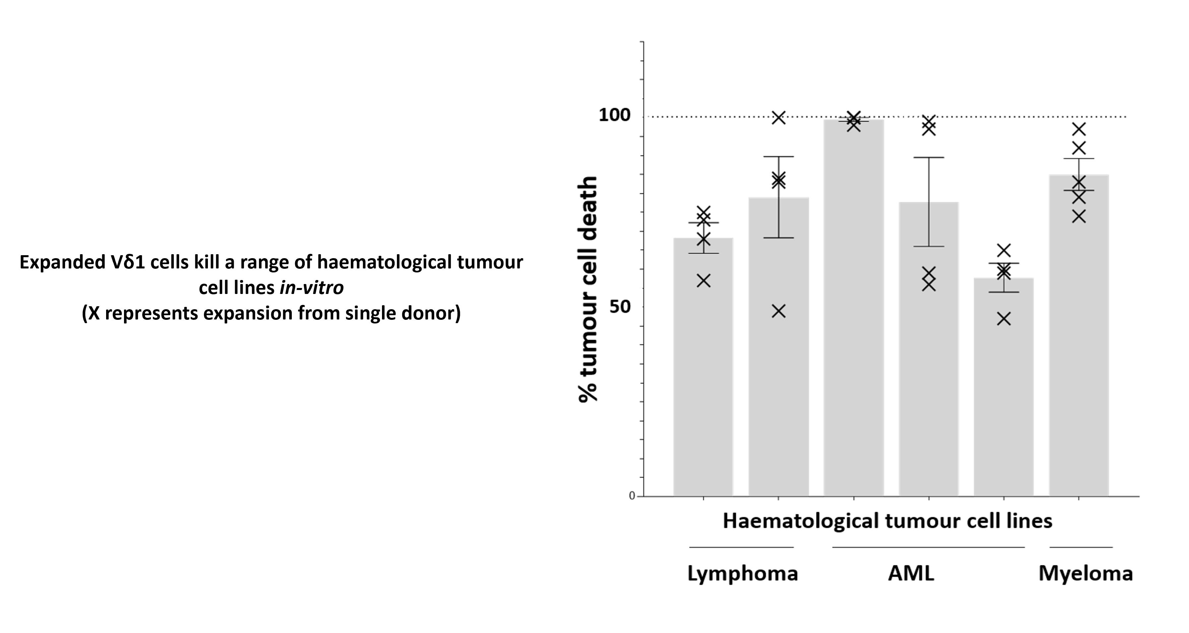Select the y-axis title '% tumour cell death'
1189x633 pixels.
click(588, 289)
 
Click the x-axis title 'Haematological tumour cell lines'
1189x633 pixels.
click(887, 521)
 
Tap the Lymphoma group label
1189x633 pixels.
click(742, 573)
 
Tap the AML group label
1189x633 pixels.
click(911, 573)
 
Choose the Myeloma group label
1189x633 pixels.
click(1085, 573)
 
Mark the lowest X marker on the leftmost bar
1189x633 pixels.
click(704, 280)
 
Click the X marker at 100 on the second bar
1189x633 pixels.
click(779, 118)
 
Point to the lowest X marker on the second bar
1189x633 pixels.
click(779, 312)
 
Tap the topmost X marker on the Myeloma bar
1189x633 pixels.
click(1079, 129)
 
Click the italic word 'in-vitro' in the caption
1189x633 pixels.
click(312, 288)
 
